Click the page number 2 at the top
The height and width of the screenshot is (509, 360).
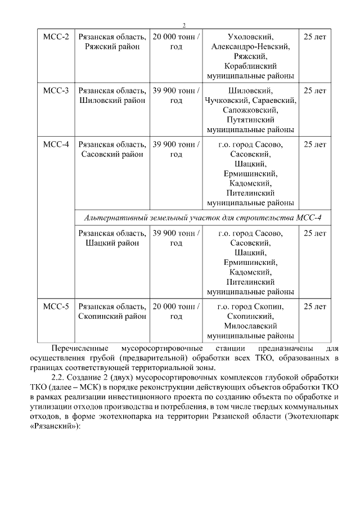tap(183, 25)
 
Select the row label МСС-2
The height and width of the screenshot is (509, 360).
tap(56, 37)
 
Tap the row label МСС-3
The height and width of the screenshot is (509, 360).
tap(56, 91)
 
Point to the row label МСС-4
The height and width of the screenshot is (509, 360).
tap(56, 144)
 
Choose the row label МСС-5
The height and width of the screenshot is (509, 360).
tap(56, 307)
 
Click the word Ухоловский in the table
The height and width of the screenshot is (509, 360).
tap(250, 37)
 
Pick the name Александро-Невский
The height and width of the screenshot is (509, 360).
tap(250, 47)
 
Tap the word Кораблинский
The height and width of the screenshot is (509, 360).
tap(250, 67)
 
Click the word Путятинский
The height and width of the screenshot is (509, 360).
tap(250, 120)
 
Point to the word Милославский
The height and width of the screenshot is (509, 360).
tap(250, 326)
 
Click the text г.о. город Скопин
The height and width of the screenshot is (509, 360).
tap(250, 307)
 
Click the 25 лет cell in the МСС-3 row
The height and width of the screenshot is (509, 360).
tap(314, 91)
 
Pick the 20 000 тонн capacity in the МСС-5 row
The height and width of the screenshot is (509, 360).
tap(176, 307)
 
